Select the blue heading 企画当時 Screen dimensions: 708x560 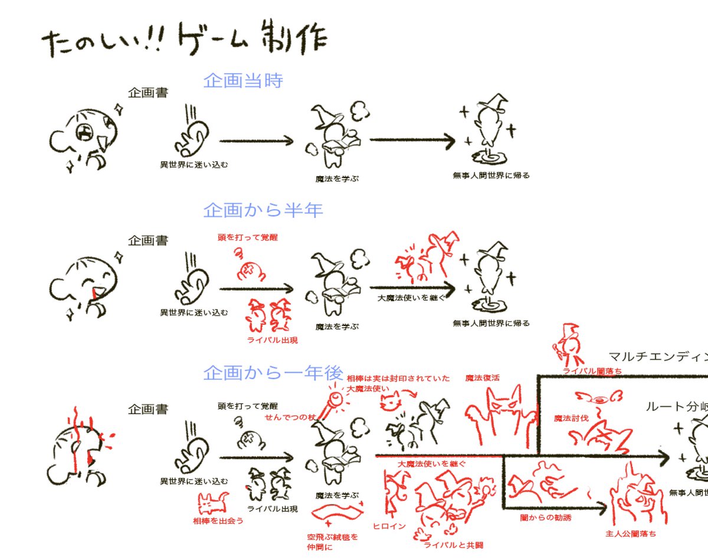(x=243, y=80)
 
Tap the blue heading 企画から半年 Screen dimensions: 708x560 (x=263, y=210)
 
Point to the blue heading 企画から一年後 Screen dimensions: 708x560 (x=273, y=373)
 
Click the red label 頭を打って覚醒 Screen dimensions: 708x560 (x=247, y=237)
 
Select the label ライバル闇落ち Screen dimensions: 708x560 (x=592, y=371)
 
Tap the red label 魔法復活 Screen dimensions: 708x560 (x=483, y=378)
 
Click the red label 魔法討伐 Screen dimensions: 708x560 (x=571, y=418)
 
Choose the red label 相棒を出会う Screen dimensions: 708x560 (x=218, y=521)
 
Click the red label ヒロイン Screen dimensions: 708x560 (x=389, y=526)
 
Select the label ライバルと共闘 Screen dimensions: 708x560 (x=453, y=545)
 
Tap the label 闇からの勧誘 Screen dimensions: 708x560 (x=546, y=517)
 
